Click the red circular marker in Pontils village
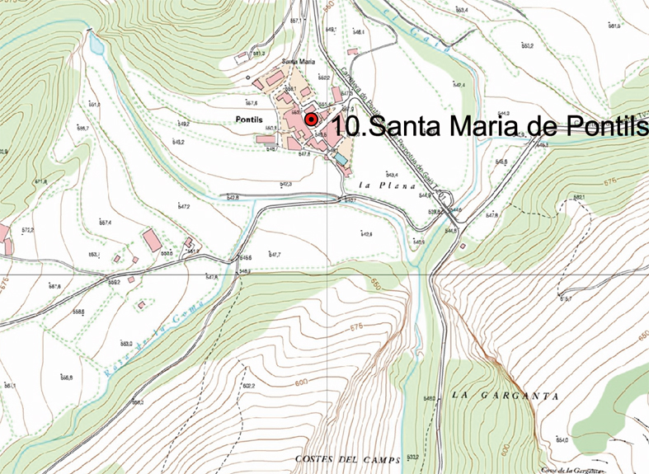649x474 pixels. pos(311,120)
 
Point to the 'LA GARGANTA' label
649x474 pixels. pos(506,396)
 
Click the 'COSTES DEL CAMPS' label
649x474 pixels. pos(347,459)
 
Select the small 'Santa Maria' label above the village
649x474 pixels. pos(298,62)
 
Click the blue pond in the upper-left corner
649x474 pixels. pos(96,45)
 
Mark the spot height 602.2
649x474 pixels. pos(248,385)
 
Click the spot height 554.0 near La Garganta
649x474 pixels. pos(562,439)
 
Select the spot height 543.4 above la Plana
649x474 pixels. pos(391,175)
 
